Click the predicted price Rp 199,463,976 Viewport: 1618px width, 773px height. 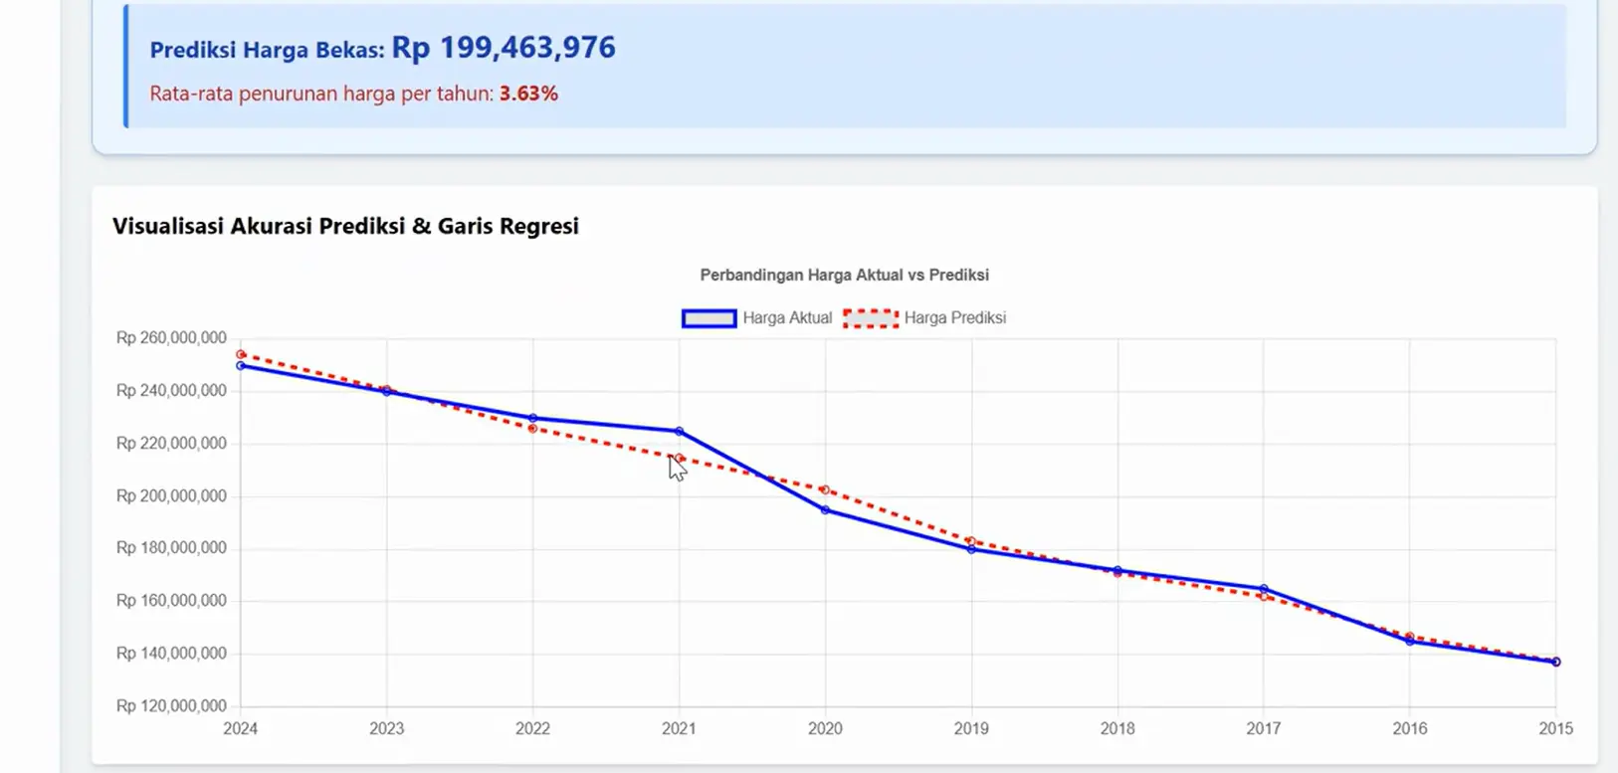[x=503, y=48]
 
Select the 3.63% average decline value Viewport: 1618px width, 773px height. [x=528, y=94]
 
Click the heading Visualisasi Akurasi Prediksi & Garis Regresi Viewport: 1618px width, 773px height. [x=345, y=226]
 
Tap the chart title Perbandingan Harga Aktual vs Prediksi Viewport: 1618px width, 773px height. [x=844, y=275]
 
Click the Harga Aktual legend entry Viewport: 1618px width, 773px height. [x=757, y=318]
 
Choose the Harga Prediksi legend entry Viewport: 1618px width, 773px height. [x=925, y=318]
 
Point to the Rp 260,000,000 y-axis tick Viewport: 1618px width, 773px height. [x=171, y=338]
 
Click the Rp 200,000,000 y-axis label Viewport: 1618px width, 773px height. [x=171, y=495]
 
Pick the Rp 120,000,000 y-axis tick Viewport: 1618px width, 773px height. [x=171, y=706]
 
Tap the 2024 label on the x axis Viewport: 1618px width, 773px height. [x=241, y=728]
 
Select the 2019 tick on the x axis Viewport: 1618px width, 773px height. [x=971, y=728]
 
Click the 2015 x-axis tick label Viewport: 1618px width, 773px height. [x=1555, y=728]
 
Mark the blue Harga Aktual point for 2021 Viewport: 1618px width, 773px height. [x=680, y=431]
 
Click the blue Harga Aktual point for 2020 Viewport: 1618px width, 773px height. [x=825, y=510]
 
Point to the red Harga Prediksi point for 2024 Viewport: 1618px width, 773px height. [x=241, y=354]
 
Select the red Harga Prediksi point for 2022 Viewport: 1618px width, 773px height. [x=533, y=429]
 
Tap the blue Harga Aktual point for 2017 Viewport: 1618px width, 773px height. [x=1264, y=589]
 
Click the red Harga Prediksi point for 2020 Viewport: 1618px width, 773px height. [x=825, y=489]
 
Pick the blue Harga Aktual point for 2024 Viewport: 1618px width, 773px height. [x=241, y=366]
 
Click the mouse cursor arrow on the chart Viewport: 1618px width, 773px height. [x=677, y=468]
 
